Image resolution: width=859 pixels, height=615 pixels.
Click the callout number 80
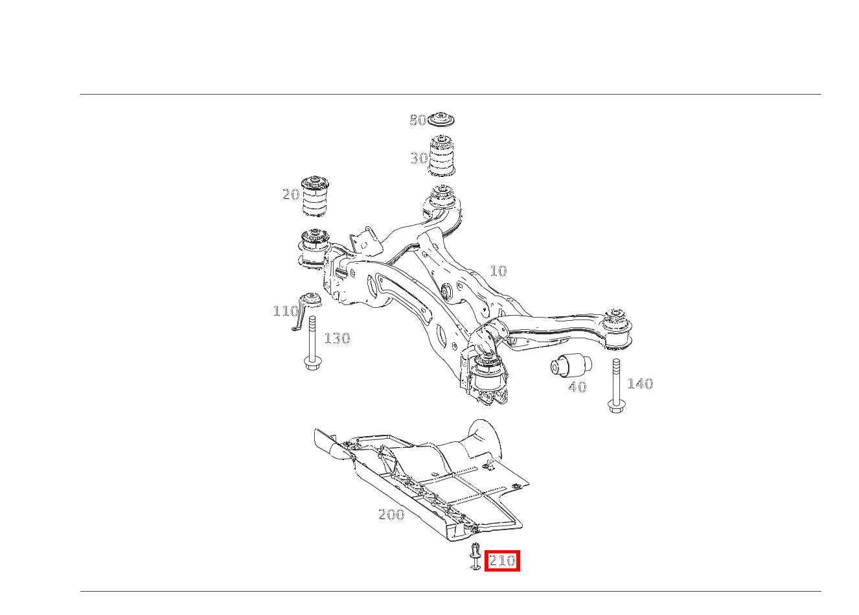(x=418, y=120)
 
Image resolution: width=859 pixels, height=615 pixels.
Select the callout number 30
(x=418, y=158)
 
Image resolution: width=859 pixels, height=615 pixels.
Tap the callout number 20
(x=291, y=194)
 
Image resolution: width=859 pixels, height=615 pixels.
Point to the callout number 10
(x=499, y=271)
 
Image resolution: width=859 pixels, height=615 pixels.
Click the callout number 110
(x=286, y=311)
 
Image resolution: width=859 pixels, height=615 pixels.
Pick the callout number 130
(x=337, y=338)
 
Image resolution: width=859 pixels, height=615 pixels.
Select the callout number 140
(x=640, y=383)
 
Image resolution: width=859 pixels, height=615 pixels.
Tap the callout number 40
(x=577, y=387)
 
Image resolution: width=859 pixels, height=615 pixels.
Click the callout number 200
(x=391, y=514)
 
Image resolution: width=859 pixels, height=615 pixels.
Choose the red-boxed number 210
(x=502, y=561)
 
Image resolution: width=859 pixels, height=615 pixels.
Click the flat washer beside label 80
(x=441, y=119)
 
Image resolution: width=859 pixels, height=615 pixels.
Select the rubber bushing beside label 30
(x=442, y=156)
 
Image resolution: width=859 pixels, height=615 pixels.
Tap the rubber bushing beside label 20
(x=315, y=196)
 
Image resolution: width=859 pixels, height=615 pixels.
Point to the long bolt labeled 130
(x=312, y=343)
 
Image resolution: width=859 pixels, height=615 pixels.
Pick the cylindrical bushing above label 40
(x=571, y=366)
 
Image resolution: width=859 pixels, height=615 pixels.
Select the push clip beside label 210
(x=475, y=556)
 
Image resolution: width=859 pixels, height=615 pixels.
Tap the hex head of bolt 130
(x=312, y=363)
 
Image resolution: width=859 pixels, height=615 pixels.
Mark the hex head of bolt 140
(x=617, y=406)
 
